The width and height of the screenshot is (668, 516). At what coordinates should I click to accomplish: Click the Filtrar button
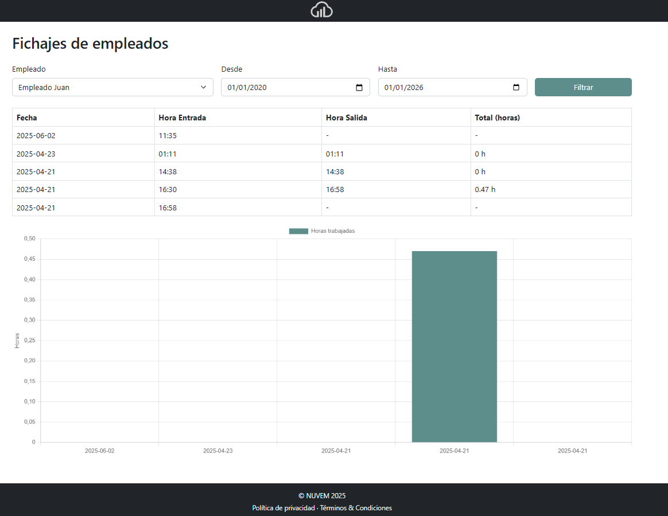pyautogui.click(x=583, y=87)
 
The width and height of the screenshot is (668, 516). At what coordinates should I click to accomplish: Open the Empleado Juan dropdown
pyautogui.click(x=112, y=87)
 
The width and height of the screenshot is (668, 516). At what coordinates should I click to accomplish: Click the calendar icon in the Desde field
pyautogui.click(x=359, y=88)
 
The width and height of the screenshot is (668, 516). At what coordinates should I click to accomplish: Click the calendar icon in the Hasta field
pyautogui.click(x=516, y=88)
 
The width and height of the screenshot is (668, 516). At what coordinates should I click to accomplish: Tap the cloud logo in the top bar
pyautogui.click(x=321, y=10)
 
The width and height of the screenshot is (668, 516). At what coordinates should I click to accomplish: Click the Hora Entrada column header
pyautogui.click(x=182, y=118)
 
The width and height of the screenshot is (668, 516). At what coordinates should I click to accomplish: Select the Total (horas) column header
pyautogui.click(x=497, y=118)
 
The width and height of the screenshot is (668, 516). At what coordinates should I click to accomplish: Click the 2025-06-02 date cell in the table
pyautogui.click(x=36, y=136)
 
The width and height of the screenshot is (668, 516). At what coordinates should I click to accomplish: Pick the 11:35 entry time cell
pyautogui.click(x=168, y=136)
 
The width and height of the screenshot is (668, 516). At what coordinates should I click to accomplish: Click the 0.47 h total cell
pyautogui.click(x=485, y=189)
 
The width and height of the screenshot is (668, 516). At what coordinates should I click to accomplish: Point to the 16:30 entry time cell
pyautogui.click(x=168, y=189)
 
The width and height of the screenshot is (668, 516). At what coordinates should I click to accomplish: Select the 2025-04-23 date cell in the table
pyautogui.click(x=36, y=154)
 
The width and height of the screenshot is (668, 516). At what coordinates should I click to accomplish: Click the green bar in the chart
pyautogui.click(x=454, y=346)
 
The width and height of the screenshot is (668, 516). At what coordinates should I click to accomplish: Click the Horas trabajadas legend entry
pyautogui.click(x=322, y=231)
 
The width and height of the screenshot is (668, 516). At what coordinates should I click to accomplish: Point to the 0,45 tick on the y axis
pyautogui.click(x=29, y=259)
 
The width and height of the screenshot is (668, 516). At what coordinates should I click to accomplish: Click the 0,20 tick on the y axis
pyautogui.click(x=29, y=361)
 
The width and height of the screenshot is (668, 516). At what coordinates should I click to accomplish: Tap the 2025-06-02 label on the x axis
pyautogui.click(x=99, y=451)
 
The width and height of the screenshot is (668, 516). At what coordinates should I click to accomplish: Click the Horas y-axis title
pyautogui.click(x=17, y=341)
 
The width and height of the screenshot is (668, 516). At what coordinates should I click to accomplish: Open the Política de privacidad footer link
pyautogui.click(x=283, y=508)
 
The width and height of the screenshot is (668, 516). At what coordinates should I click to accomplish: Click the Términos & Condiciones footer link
pyautogui.click(x=356, y=508)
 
